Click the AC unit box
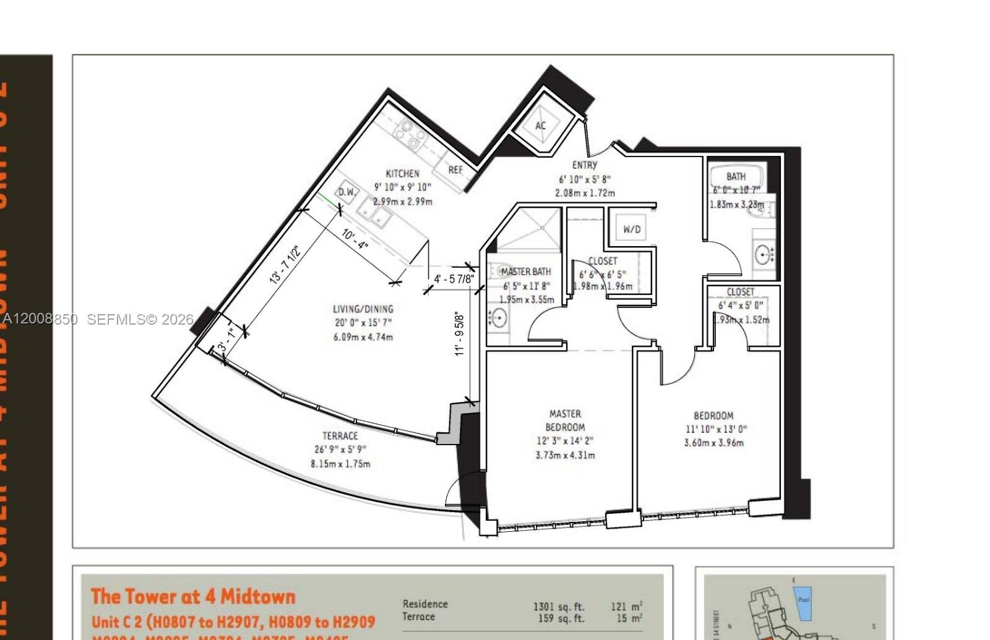(540, 126)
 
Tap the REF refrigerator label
(455, 169)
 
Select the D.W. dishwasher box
(347, 192)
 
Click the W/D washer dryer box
(632, 229)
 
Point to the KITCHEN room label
(402, 174)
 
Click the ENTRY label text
(585, 165)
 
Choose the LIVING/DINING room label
(363, 309)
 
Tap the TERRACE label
(340, 436)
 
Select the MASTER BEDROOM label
(565, 420)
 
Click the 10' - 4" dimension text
(355, 239)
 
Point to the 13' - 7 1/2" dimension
(284, 265)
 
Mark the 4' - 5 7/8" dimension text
(454, 279)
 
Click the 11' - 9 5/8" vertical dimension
(459, 334)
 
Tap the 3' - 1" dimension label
(226, 339)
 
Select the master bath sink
(497, 318)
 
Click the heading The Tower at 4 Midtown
(193, 597)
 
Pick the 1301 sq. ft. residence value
(558, 607)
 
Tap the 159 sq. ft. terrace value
(561, 618)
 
